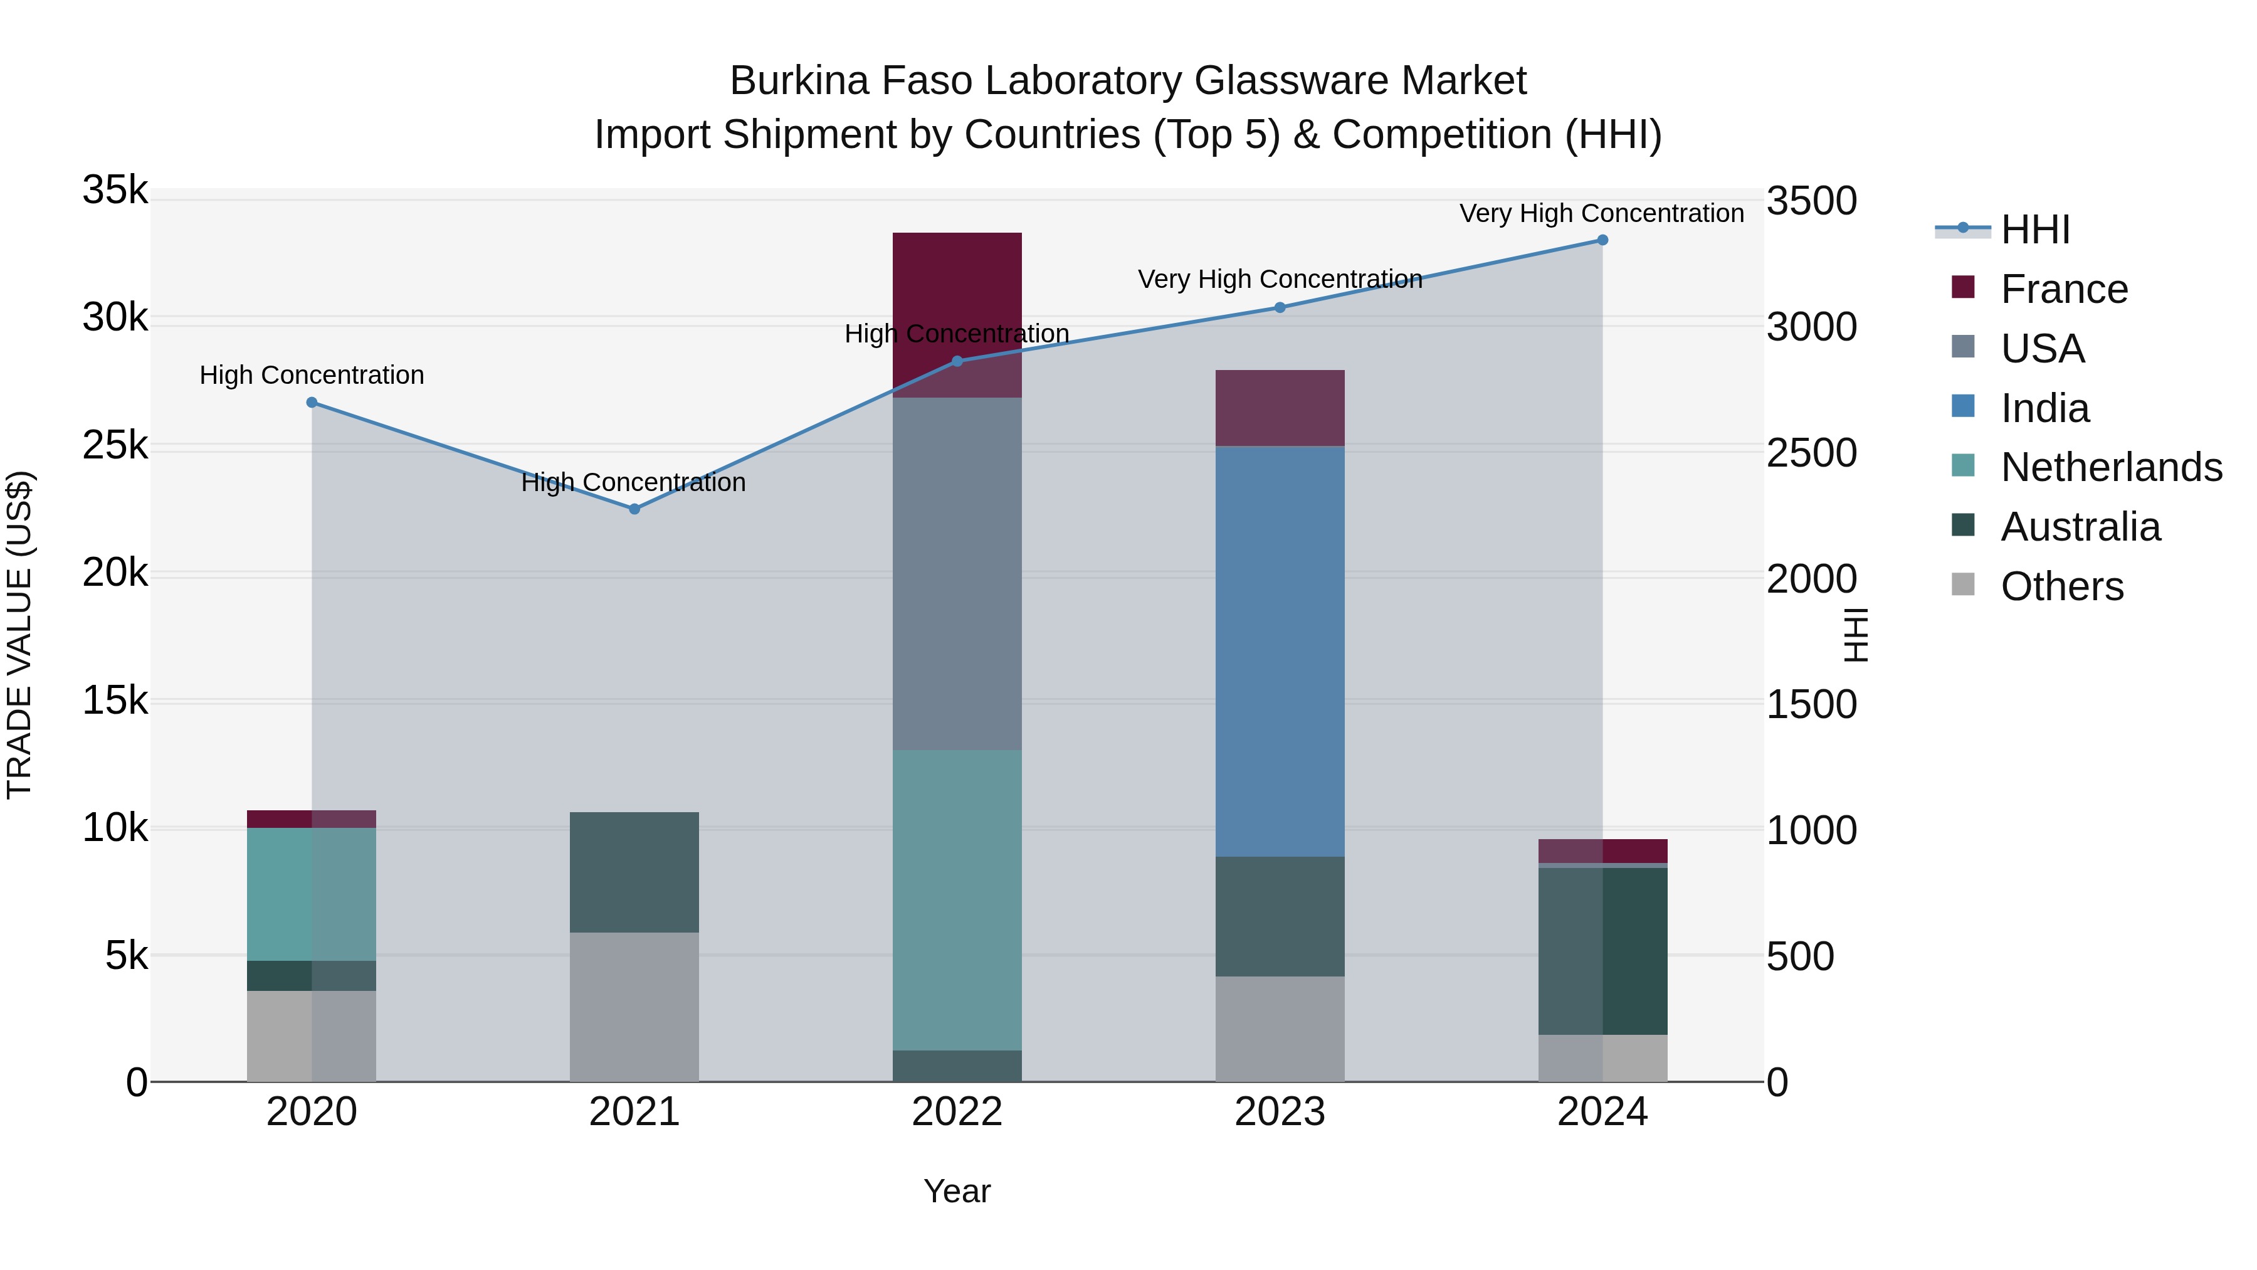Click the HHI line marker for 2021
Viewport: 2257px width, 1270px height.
(x=634, y=509)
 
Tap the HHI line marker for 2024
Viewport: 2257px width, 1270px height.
(x=1602, y=240)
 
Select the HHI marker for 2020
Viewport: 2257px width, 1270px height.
(x=312, y=402)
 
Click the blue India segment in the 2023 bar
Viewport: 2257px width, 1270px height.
(x=1279, y=650)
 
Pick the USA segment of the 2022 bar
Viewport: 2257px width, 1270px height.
(x=957, y=573)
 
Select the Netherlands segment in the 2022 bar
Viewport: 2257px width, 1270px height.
(x=957, y=899)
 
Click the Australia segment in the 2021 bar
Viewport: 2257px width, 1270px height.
(x=634, y=872)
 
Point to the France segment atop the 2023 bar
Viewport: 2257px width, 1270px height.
(x=1279, y=408)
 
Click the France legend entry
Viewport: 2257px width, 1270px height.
(x=2063, y=289)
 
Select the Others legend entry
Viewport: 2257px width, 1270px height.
(x=2061, y=586)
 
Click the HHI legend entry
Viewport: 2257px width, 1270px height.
(x=2034, y=230)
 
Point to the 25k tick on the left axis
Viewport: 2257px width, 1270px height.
(x=115, y=446)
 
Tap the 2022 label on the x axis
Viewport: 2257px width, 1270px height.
(x=957, y=1112)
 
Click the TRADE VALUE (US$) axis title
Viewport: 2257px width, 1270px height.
(x=19, y=635)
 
